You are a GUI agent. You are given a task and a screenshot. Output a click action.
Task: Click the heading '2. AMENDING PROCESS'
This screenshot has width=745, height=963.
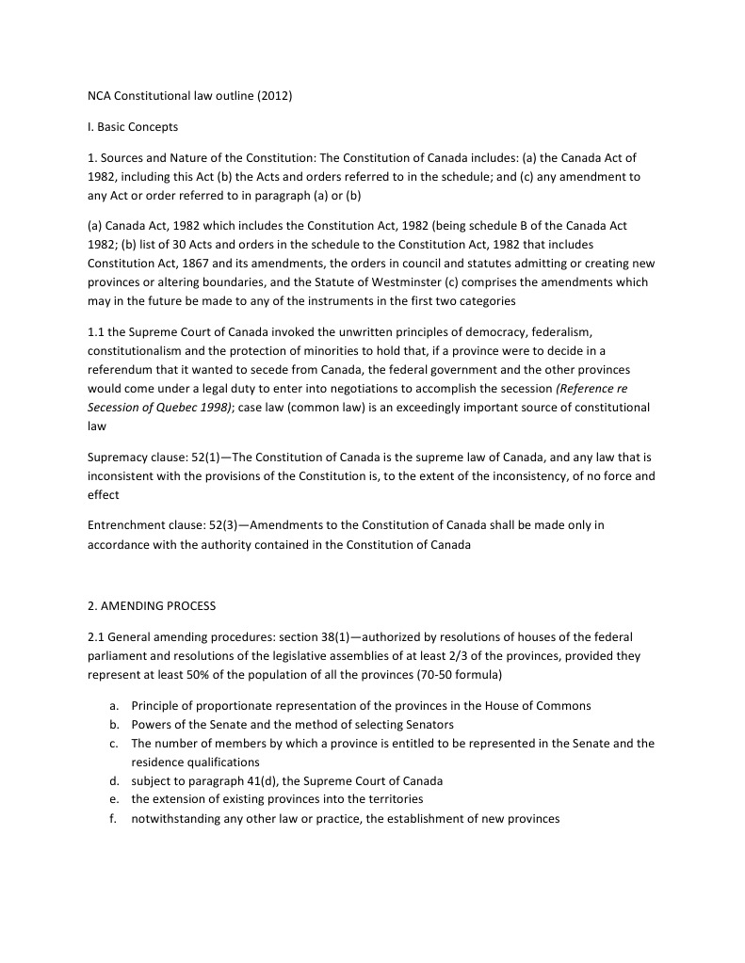coord(152,605)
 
